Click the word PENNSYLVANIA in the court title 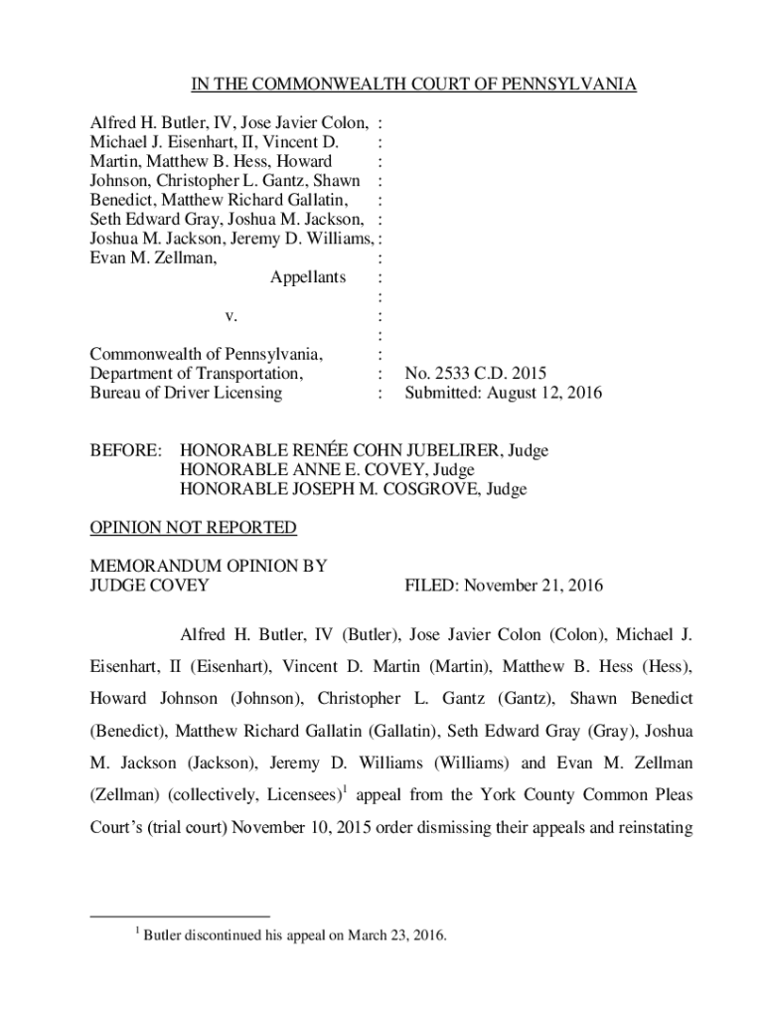coord(573,85)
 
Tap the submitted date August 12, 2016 coord(549,393)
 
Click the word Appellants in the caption coord(308,276)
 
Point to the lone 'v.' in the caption coord(229,315)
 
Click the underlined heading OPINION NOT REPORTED coord(193,527)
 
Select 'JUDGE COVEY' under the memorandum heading coord(149,586)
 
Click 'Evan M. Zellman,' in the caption coord(154,257)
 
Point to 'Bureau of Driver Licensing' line coord(186,393)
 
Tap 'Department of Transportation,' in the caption coord(196,374)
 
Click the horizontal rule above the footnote coord(179,914)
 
